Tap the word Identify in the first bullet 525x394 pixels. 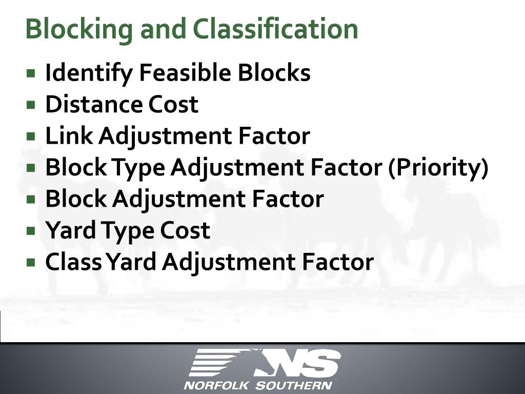[x=88, y=73]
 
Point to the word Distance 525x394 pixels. [x=93, y=105]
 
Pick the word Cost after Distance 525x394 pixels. [x=173, y=105]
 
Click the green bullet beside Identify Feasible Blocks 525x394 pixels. [x=32, y=73]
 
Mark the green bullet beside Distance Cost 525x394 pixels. [x=32, y=105]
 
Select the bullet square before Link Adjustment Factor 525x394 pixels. [x=32, y=136]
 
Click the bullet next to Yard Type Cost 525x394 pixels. [x=32, y=230]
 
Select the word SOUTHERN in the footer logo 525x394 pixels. [x=293, y=385]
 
